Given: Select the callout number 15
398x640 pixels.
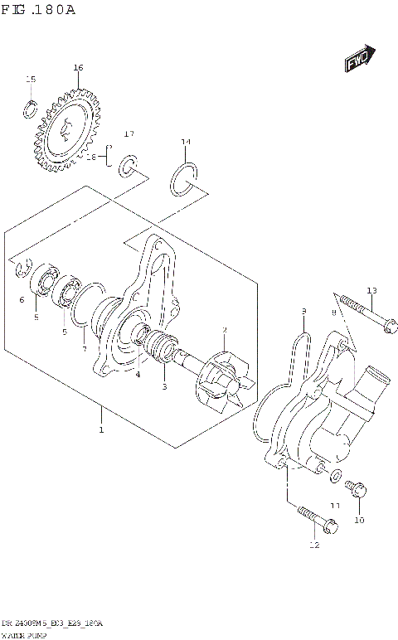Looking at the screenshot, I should click(31, 80).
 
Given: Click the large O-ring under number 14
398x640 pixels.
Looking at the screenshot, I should click(184, 179).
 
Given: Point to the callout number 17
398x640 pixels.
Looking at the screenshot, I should click(129, 133).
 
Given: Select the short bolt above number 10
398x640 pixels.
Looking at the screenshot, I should click(358, 491).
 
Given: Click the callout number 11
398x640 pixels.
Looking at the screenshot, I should click(335, 505).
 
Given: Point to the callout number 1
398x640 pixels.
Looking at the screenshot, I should click(101, 430).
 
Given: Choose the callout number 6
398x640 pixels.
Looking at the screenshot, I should click(22, 299).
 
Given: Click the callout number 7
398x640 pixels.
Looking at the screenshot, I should click(84, 350).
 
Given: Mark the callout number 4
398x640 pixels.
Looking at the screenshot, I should click(138, 374).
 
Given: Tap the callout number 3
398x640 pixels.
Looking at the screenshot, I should click(163, 386).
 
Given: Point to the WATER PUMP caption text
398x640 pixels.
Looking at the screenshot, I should click(24, 633).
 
